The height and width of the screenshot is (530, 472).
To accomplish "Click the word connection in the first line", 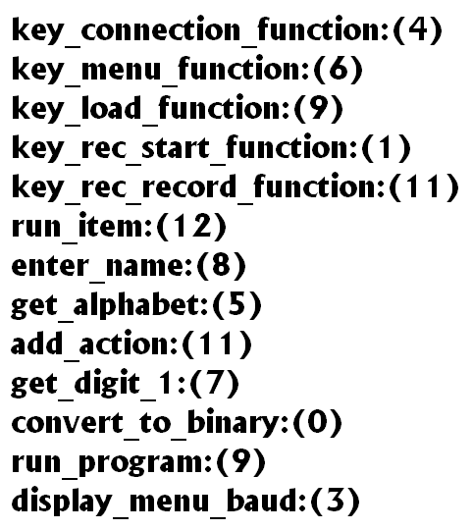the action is click(161, 29).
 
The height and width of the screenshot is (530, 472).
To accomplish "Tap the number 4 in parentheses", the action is click(418, 29).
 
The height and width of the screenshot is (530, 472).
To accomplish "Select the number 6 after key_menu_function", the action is click(338, 69).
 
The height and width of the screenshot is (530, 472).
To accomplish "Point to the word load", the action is click(110, 108).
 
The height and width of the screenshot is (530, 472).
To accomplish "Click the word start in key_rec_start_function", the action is click(175, 147).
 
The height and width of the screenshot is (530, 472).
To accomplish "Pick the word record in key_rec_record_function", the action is click(188, 186).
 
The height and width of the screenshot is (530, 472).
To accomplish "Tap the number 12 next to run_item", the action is click(191, 226).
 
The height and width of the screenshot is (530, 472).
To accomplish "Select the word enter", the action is click(50, 266).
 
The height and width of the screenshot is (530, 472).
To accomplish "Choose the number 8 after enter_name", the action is click(221, 265).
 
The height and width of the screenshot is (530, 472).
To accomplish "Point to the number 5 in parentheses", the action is click(236, 304).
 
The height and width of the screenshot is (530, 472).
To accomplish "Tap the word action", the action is click(126, 344).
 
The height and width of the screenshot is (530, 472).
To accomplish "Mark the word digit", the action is click(107, 385).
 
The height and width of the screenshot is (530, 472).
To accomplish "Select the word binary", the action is click(236, 424).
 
